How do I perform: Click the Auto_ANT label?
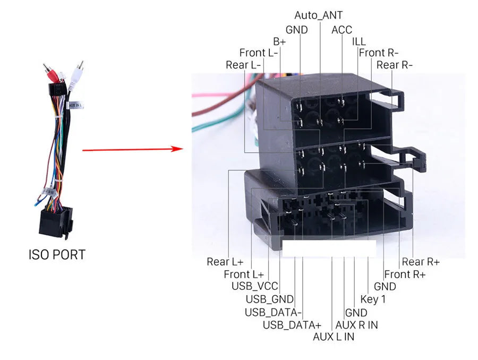[318, 15]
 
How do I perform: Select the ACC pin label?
[342, 30]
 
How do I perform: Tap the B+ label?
[279, 41]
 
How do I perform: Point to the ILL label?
[358, 41]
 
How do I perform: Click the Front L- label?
[259, 53]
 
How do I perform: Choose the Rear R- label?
[395, 65]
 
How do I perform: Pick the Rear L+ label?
[225, 262]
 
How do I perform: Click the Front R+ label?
[405, 275]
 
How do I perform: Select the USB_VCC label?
[255, 286]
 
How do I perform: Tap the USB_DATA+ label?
[292, 325]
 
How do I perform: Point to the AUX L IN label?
[334, 337]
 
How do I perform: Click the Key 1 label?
[373, 299]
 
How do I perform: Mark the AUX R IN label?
[357, 325]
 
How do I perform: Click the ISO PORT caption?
[57, 255]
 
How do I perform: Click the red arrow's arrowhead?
[177, 149]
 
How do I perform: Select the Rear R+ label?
[421, 262]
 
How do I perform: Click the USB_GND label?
[270, 299]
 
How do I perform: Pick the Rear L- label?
[243, 65]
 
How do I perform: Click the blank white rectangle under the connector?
[329, 248]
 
